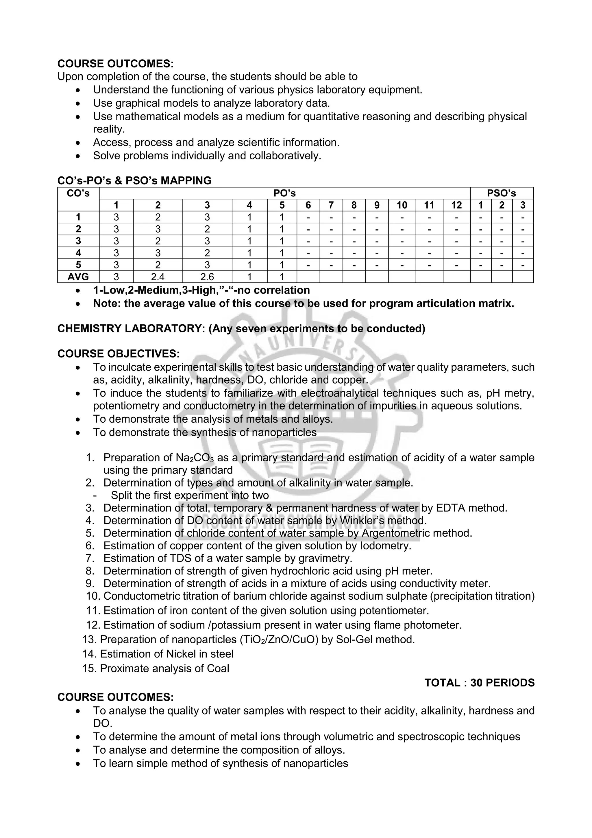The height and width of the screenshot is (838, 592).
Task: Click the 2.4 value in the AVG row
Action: (x=158, y=277)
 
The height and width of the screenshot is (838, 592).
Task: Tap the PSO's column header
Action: (x=502, y=193)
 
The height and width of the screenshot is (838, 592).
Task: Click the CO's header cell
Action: (x=78, y=193)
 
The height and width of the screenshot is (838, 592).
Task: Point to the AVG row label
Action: (x=78, y=277)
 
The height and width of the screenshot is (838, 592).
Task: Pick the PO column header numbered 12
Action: (x=456, y=205)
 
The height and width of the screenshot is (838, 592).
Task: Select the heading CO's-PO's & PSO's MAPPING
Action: (x=134, y=180)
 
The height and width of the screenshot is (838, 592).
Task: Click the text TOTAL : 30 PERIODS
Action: (x=479, y=682)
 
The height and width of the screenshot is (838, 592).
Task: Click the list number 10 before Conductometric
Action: (x=93, y=596)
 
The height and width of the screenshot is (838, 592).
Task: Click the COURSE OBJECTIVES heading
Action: (x=118, y=354)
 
